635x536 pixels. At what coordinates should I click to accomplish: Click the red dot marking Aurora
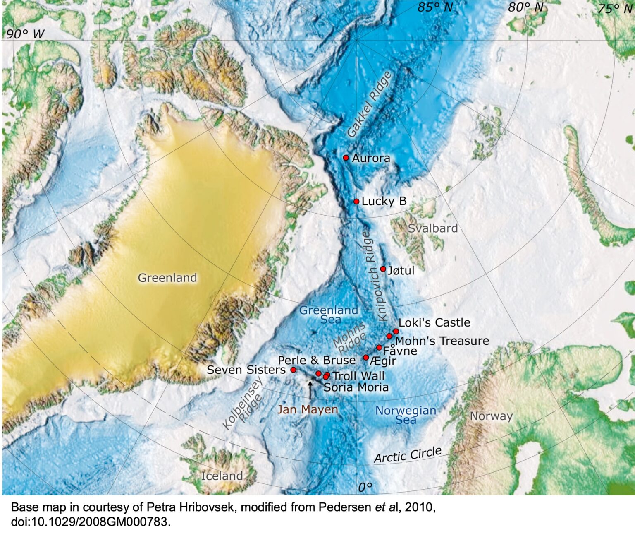click(346, 158)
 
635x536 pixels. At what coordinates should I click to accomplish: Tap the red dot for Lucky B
click(356, 202)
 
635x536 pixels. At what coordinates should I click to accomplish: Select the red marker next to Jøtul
click(383, 269)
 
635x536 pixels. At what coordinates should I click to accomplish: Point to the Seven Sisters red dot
click(293, 370)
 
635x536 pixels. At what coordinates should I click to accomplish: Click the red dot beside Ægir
click(366, 358)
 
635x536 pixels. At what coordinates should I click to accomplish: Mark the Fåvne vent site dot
click(379, 347)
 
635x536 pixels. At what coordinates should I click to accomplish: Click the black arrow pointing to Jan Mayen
click(310, 390)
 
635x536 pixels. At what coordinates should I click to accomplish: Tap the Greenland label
click(167, 278)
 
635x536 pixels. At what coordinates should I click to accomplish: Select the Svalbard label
click(432, 228)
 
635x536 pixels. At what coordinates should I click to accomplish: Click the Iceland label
click(222, 476)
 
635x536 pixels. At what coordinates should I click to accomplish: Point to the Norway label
click(491, 416)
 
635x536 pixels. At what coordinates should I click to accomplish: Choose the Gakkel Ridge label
click(369, 104)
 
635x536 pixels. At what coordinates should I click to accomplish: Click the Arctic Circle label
click(408, 455)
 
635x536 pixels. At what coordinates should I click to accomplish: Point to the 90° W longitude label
click(25, 34)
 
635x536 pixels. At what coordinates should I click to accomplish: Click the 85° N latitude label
click(435, 7)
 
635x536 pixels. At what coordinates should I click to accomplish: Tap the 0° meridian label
click(365, 488)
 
